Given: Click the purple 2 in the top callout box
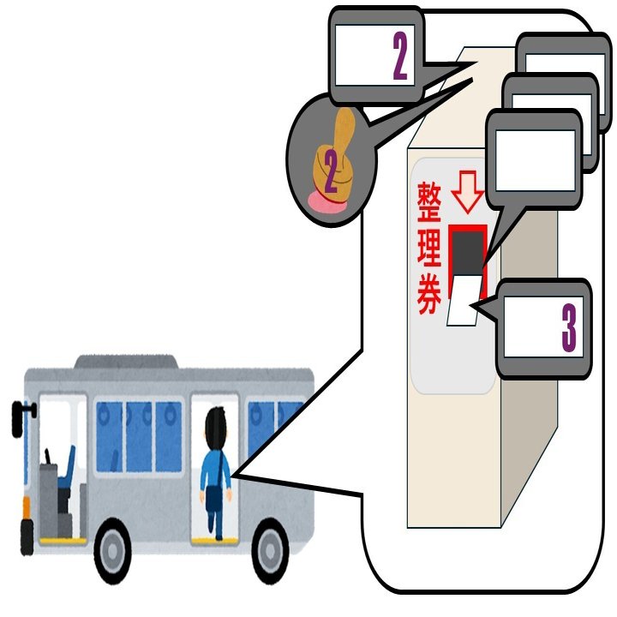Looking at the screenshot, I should click(399, 59).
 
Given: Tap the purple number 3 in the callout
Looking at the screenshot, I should click(569, 326).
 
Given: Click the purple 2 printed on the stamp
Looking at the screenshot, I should click(329, 173).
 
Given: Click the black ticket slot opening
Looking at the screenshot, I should click(467, 252).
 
